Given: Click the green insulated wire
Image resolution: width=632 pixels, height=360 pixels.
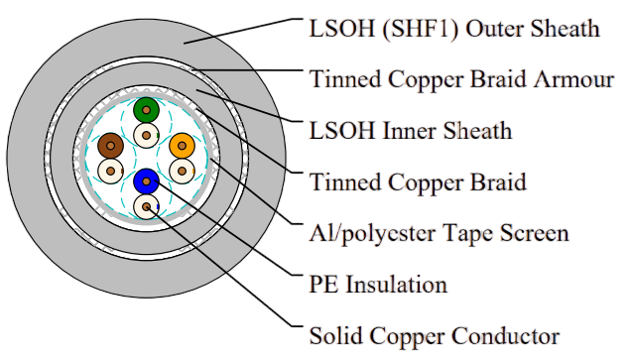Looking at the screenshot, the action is click(146, 110).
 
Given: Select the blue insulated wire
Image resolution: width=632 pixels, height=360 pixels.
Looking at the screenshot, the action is click(146, 181).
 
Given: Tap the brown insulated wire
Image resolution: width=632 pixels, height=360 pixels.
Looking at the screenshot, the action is click(110, 146).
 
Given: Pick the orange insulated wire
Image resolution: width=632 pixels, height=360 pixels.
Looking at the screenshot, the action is click(183, 146).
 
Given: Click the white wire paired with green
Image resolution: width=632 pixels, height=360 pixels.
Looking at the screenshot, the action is click(146, 135).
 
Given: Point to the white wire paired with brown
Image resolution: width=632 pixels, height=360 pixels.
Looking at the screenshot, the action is click(110, 172).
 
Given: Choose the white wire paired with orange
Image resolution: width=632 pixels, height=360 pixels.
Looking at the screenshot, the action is click(183, 172).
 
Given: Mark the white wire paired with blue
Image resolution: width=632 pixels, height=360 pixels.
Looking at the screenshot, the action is click(146, 206).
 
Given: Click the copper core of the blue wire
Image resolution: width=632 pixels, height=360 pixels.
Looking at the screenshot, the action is click(146, 181).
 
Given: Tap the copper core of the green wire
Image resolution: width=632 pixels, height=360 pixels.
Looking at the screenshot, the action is click(146, 110).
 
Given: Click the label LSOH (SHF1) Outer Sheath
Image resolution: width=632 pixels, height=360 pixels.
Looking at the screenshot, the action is click(454, 29).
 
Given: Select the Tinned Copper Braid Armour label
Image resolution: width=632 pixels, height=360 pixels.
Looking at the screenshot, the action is click(461, 79).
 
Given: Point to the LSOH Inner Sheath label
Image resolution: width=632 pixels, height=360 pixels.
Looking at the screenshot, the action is click(411, 131).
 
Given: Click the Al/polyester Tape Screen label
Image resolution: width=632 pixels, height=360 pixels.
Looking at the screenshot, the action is click(439, 234).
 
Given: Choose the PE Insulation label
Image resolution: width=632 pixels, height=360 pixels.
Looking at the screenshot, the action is click(378, 284).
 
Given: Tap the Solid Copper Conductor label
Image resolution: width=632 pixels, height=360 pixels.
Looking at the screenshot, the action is click(435, 335).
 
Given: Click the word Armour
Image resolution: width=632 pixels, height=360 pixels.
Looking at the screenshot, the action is click(573, 79).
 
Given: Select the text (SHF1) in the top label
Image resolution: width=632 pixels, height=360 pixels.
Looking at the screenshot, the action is click(421, 30).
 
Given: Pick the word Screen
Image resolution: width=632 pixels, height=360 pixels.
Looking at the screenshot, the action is click(535, 233).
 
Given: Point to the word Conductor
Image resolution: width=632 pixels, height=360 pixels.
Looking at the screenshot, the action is click(505, 335).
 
